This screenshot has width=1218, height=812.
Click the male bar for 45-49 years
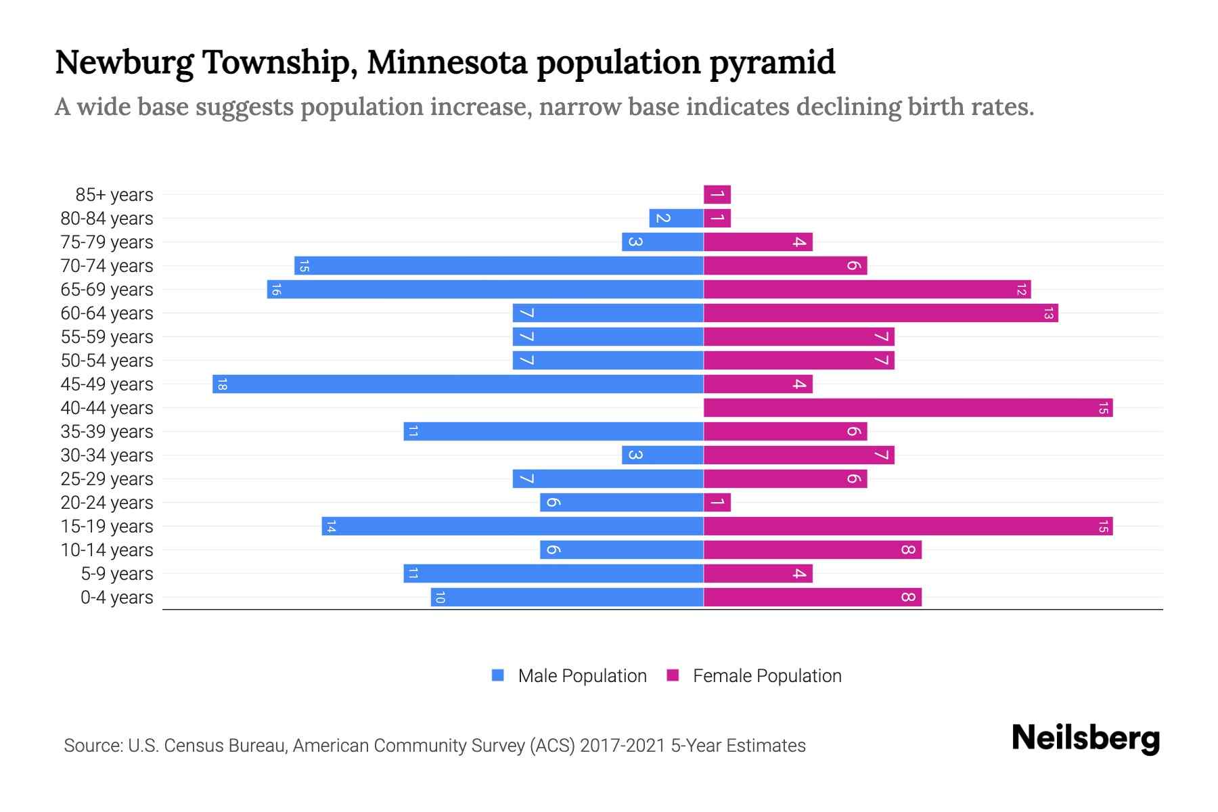point(457,384)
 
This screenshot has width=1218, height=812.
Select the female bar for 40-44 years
point(907,408)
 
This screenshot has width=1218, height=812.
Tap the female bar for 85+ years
point(717,195)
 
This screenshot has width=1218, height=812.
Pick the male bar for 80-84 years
point(676,219)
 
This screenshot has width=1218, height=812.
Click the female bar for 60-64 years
point(880,313)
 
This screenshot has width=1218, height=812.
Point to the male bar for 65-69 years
point(485,290)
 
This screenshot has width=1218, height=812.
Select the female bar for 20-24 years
point(717,503)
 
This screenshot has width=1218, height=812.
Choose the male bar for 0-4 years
point(567,597)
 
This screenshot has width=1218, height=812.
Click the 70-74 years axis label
point(107,266)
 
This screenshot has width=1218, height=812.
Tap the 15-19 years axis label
point(107,526)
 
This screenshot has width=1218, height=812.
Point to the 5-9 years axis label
point(116,574)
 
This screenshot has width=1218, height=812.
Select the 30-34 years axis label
point(107,455)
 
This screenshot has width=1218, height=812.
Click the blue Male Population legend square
point(498,675)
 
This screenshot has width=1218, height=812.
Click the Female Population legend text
point(767,676)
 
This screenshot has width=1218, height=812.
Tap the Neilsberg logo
point(1085,738)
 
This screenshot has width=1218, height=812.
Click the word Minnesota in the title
point(447,62)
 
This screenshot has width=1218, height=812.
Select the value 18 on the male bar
point(222,384)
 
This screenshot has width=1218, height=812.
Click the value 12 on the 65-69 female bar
point(1021,290)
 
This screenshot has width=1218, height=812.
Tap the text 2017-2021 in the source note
point(623,746)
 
